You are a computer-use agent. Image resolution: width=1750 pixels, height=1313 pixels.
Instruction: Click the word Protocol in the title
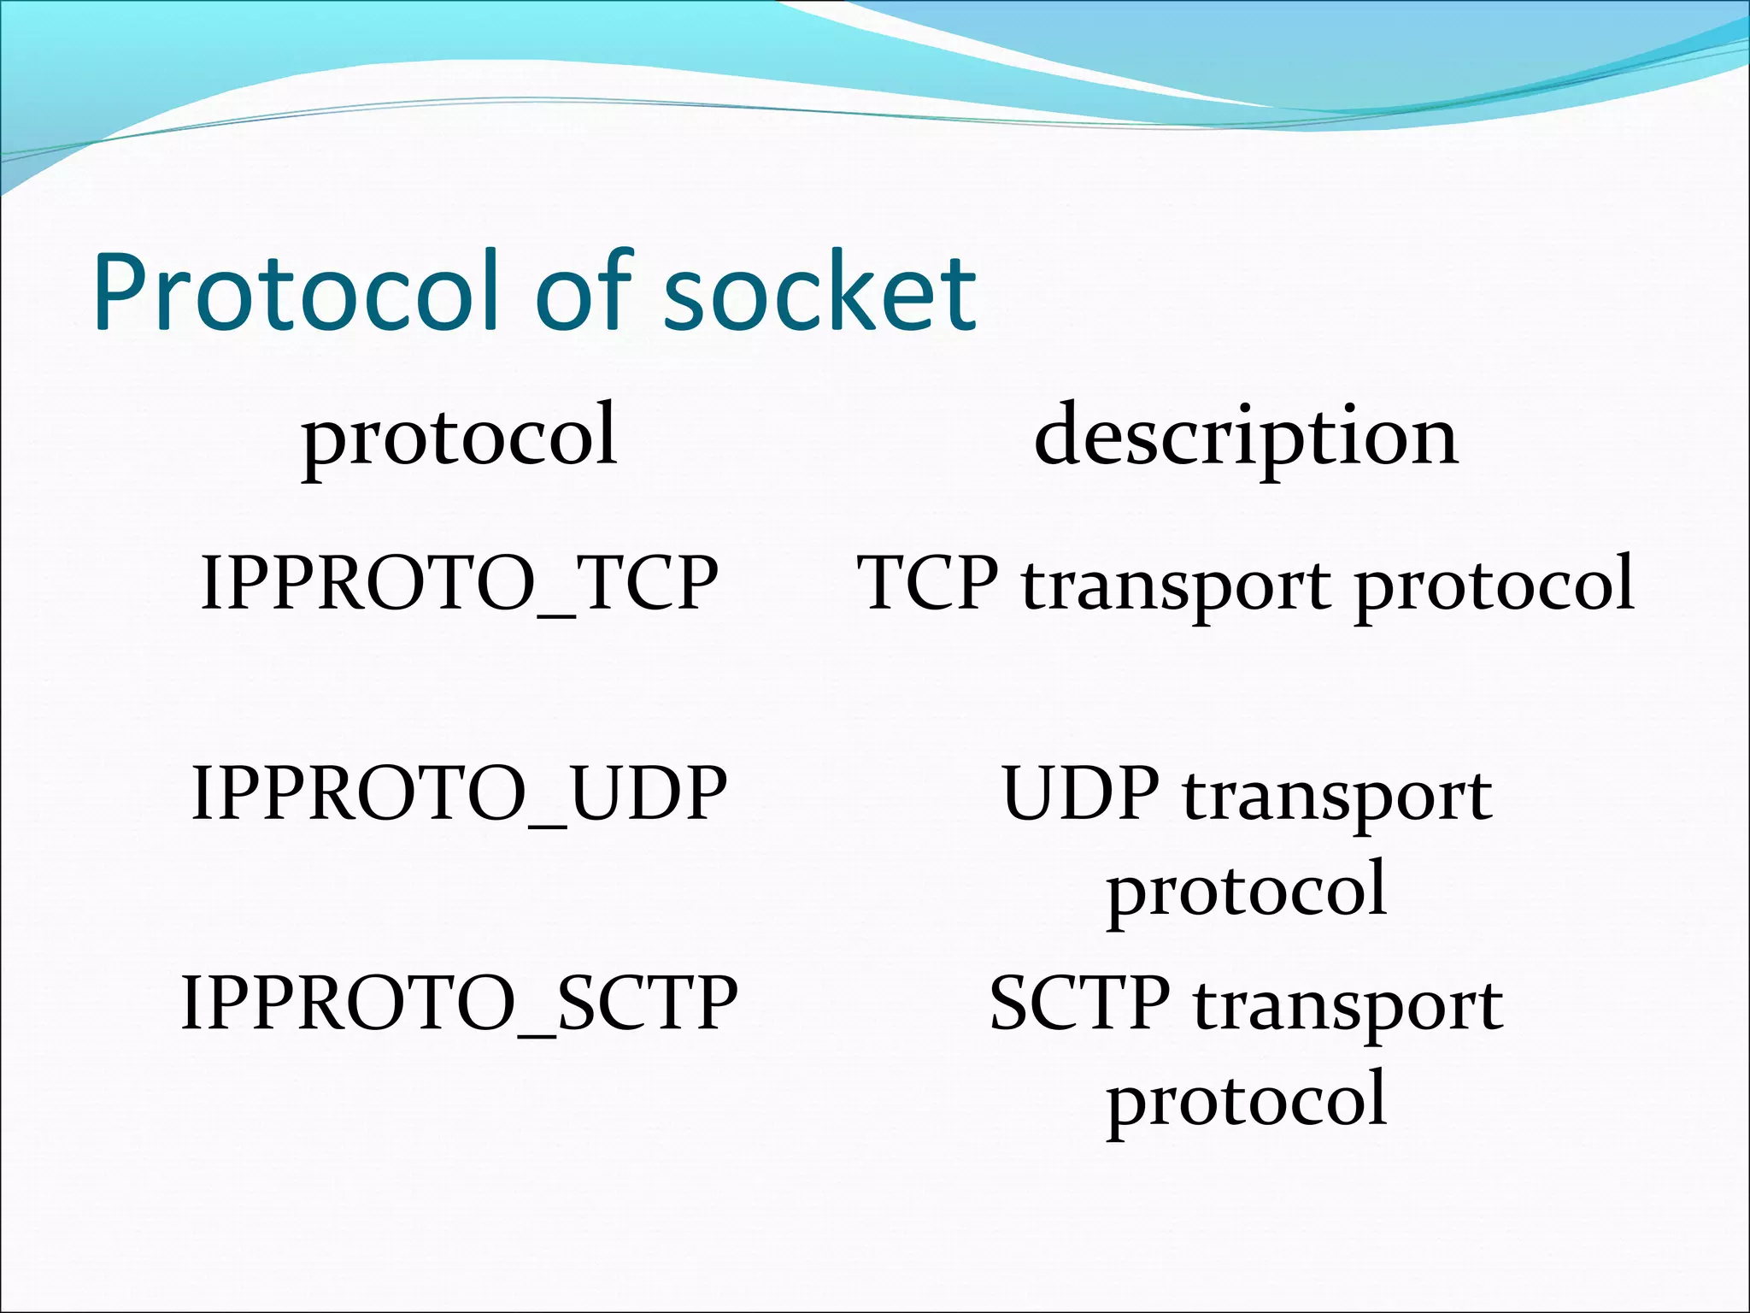pos(295,292)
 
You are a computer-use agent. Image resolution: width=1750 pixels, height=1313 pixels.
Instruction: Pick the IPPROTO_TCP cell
pos(459,582)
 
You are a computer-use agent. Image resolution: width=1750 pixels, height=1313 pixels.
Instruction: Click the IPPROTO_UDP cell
pos(459,793)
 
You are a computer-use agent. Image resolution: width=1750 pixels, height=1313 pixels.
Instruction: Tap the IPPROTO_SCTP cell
pos(459,1003)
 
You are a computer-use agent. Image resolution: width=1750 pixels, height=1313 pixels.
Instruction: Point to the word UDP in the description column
pos(1081,793)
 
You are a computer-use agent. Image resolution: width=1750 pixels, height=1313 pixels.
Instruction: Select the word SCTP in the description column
pos(1079,1003)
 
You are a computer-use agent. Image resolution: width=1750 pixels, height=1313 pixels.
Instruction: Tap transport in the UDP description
pos(1337,798)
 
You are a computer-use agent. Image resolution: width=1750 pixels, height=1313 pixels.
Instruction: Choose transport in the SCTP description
pos(1348,1007)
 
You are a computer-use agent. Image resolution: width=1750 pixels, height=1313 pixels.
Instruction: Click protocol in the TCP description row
pos(1495,586)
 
